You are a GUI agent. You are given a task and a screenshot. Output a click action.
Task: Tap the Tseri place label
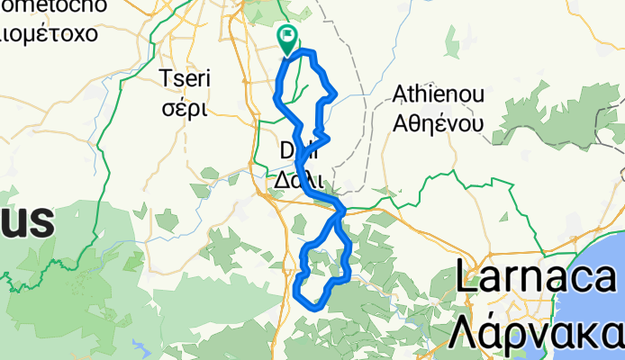184,78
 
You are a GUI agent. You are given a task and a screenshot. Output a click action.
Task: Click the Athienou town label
439,94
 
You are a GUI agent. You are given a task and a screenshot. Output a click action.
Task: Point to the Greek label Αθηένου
439,123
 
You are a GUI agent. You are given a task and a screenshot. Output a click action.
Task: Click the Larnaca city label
538,276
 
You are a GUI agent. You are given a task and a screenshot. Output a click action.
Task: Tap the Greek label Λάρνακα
538,331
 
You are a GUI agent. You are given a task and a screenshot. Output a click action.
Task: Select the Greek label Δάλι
299,179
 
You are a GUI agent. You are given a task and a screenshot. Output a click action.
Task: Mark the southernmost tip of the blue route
314,307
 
